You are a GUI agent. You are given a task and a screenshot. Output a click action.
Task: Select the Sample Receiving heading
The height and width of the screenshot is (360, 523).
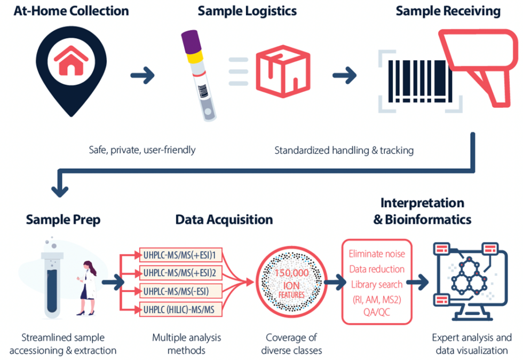click(448, 11)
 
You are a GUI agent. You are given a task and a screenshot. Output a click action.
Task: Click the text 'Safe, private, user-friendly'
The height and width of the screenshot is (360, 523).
click(142, 150)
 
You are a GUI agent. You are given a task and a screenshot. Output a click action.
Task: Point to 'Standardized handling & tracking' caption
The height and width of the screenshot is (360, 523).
click(344, 151)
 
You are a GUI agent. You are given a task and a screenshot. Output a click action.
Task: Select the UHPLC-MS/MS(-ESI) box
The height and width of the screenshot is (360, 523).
click(176, 291)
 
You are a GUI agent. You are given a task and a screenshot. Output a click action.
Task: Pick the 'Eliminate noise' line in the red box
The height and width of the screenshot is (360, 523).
click(376, 254)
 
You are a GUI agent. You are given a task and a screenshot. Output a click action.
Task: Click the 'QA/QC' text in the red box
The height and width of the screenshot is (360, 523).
click(376, 312)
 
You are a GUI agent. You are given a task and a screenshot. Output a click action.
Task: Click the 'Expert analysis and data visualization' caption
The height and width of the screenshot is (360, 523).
click(471, 344)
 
